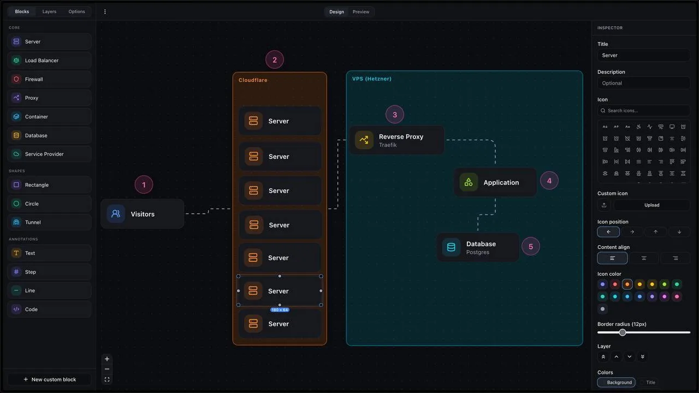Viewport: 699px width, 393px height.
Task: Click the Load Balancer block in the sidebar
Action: point(49,60)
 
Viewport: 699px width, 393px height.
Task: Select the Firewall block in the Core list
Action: point(49,79)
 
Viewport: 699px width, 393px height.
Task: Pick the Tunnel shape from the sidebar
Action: point(49,222)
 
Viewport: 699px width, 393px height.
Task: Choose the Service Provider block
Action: point(49,154)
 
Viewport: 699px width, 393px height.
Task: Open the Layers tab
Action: point(49,11)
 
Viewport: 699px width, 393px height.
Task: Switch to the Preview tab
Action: point(361,12)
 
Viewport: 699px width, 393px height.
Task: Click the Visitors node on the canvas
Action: point(143,214)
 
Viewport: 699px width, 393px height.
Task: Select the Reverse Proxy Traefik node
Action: point(397,140)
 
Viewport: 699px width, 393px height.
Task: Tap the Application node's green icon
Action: point(469,182)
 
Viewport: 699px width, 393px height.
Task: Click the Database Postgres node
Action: point(477,247)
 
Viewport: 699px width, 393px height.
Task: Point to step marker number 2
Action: point(275,60)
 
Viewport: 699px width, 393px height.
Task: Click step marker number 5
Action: point(531,246)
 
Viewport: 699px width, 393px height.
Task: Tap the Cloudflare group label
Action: point(253,80)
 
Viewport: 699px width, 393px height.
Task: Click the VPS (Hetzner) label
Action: point(372,79)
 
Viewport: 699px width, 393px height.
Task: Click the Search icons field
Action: point(643,111)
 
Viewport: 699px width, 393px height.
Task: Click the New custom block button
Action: point(49,379)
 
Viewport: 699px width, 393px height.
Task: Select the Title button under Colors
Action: point(650,383)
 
